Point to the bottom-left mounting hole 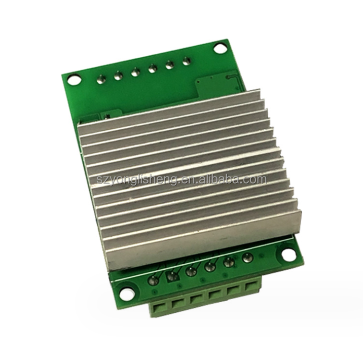pyautogui.click(x=127, y=293)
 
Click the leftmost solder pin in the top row pyautogui.click(x=101, y=79)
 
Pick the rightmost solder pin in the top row pyautogui.click(x=186, y=61)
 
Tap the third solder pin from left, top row pyautogui.click(x=135, y=73)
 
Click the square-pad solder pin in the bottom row pyautogui.click(x=172, y=275)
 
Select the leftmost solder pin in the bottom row pyautogui.click(x=154, y=280)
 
